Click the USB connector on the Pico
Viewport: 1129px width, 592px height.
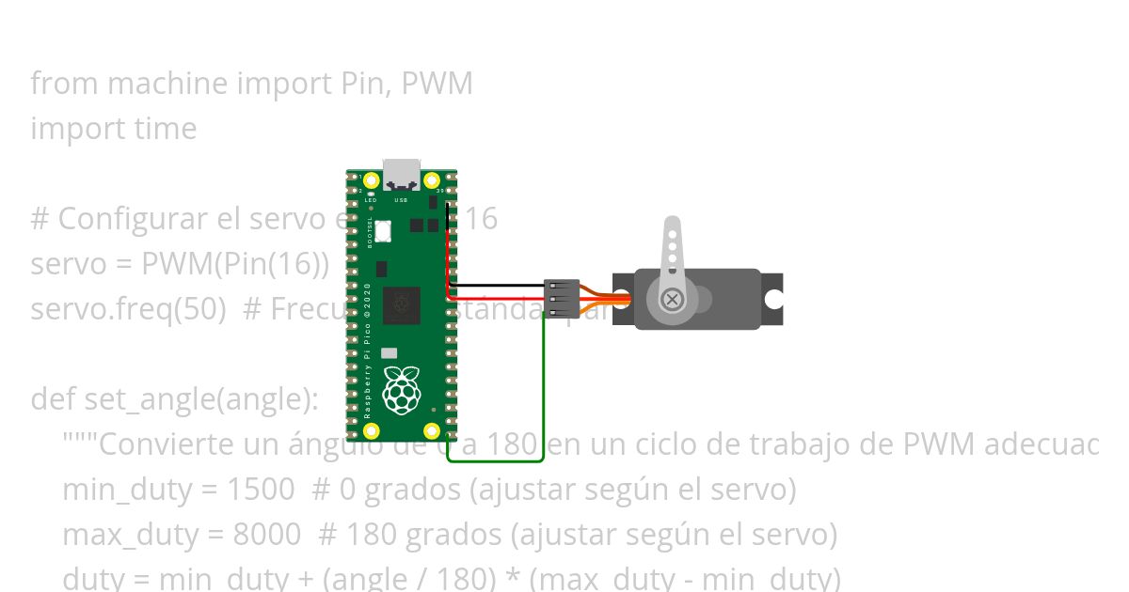[402, 174]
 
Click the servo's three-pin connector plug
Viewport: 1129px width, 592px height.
[561, 298]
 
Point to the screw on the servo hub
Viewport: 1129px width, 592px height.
[672, 300]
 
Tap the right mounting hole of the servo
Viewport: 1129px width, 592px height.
[773, 300]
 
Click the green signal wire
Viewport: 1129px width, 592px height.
[544, 395]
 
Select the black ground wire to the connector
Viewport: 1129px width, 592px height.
[499, 285]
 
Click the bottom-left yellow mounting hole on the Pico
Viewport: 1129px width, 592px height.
[371, 431]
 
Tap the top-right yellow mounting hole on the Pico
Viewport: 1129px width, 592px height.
[432, 180]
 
